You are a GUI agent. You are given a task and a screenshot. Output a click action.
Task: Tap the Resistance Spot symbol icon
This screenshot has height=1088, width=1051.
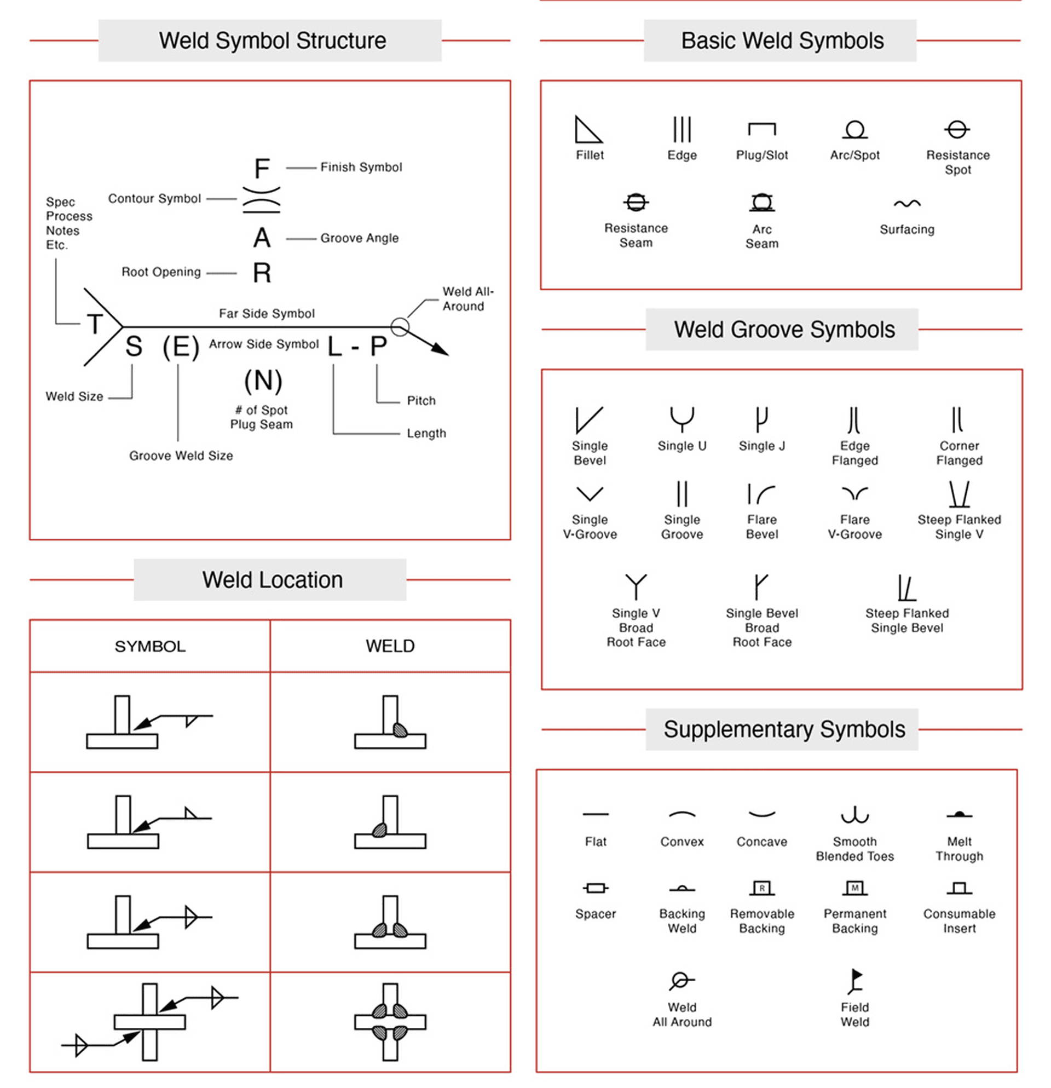[957, 129]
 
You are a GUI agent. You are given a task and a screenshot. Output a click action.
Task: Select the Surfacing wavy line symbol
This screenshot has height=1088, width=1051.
[906, 204]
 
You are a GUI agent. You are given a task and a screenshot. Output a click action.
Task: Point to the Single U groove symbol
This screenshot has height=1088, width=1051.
[682, 419]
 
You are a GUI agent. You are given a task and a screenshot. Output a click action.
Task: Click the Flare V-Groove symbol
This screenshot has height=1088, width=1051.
[854, 492]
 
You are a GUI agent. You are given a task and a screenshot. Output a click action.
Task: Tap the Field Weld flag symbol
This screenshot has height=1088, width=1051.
[854, 982]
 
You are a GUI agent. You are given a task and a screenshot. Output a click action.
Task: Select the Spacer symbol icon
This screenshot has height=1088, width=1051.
[596, 888]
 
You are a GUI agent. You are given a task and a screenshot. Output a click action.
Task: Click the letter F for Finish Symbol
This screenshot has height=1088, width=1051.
[262, 168]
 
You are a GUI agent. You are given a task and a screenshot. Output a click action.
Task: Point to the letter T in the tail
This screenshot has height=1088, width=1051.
[95, 324]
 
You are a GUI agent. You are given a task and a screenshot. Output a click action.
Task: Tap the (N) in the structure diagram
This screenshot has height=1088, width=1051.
[263, 381]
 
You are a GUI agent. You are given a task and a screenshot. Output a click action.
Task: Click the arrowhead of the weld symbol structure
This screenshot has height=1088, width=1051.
[440, 349]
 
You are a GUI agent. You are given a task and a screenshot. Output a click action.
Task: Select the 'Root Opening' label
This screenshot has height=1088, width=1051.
[161, 272]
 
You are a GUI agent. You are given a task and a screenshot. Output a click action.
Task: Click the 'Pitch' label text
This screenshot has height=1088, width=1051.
[421, 401]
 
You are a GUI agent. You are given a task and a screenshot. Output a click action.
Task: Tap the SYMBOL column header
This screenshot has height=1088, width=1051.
[150, 646]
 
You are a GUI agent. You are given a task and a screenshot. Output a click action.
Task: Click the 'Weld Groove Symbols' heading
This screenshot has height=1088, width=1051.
[784, 330]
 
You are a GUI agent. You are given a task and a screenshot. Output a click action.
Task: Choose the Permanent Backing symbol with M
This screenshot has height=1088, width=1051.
[854, 888]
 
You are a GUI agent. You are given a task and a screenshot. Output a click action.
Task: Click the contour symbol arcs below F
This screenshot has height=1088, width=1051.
[261, 200]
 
